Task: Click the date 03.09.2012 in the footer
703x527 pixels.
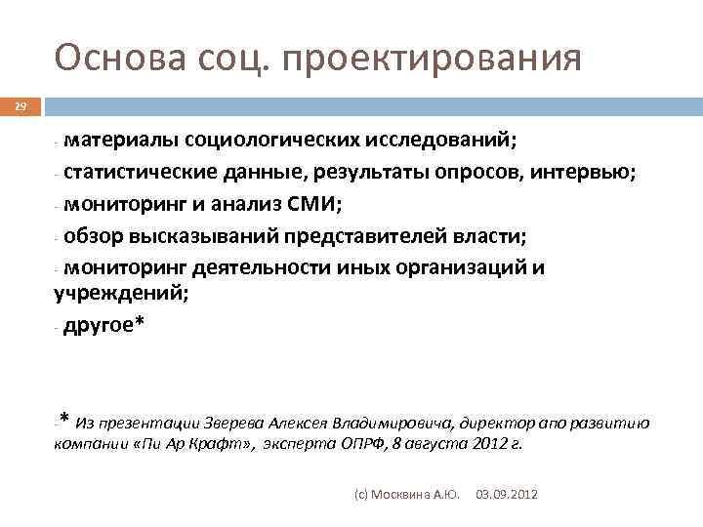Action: point(506,496)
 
